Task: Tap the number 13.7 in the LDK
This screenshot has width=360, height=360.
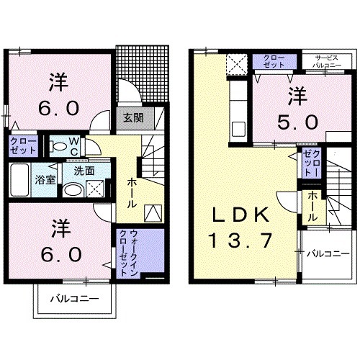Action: [x=242, y=240]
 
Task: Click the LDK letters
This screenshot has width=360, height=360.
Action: [x=241, y=215]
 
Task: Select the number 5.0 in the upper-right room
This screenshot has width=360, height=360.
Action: [x=294, y=122]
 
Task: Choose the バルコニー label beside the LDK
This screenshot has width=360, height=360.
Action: [x=327, y=253]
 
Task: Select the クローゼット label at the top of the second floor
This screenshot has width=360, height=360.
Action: [x=273, y=60]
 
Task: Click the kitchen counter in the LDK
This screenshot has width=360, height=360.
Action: [x=236, y=108]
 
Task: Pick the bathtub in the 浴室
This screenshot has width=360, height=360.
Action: [x=20, y=179]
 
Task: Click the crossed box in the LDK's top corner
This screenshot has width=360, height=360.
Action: [x=236, y=66]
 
